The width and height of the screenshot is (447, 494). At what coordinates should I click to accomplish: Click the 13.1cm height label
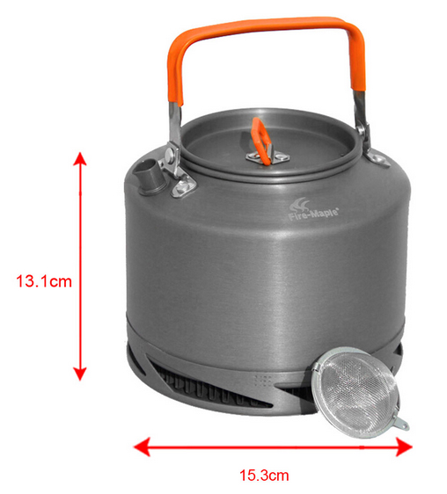pos(44,281)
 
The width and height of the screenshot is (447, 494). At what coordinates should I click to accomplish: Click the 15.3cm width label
pos(264,475)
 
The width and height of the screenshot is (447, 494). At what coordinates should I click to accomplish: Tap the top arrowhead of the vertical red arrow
pos(80,158)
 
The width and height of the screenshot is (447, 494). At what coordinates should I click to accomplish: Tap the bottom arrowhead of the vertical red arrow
pos(80,374)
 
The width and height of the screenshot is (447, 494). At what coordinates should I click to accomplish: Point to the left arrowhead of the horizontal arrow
pos(142,447)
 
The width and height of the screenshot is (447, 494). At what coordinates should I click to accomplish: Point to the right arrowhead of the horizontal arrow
pos(404,447)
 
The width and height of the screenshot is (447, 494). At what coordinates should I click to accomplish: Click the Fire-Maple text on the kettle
pos(313,214)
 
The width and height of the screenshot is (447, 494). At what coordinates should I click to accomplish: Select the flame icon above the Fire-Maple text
pos(300,205)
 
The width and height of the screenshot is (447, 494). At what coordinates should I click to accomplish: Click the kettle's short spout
pos(148,177)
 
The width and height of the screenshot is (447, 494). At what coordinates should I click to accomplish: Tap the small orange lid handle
pos(260,141)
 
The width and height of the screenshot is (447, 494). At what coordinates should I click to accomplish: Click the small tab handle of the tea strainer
pos(401,423)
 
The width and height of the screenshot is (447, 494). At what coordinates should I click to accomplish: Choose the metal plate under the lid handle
pos(267,156)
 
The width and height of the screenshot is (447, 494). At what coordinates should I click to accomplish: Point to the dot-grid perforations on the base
pos(262,381)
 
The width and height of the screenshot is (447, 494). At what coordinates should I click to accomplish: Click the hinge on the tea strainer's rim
pos(316,368)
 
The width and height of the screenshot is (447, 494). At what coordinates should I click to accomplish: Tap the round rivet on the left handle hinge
pos(170,154)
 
